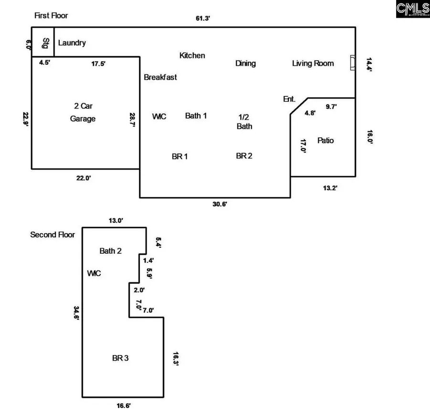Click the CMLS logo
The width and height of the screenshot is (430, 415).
point(412,9)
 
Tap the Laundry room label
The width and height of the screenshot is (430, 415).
point(72,43)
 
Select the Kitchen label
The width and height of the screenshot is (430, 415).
point(192,55)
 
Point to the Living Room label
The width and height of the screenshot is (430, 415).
point(313,63)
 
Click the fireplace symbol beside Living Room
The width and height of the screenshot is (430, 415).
point(353,63)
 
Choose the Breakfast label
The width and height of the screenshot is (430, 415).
point(160,77)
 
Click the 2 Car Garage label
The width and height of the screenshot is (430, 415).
point(83,112)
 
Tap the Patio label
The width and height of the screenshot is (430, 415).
point(325,140)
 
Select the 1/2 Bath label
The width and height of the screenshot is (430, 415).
point(245,121)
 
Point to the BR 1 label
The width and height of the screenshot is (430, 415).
point(179,156)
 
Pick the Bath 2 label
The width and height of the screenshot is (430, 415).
point(110,250)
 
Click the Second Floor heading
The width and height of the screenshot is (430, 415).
point(53,235)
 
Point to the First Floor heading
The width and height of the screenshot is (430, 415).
point(51,16)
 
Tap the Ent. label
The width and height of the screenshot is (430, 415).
point(289,99)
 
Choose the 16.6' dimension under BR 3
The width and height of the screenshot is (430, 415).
point(123,405)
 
